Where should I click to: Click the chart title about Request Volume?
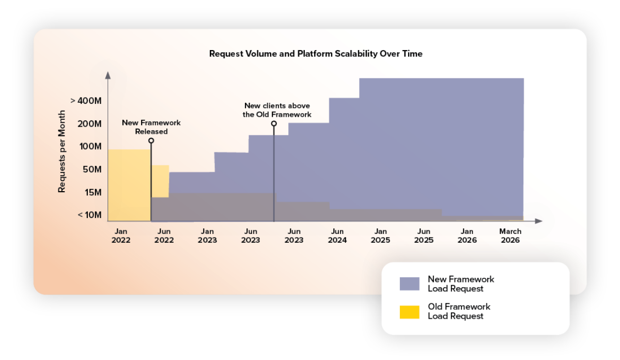pos(315,54)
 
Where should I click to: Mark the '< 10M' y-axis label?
pos(89,215)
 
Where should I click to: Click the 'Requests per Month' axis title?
pos(62,152)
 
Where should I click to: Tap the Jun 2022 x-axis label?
pos(164,236)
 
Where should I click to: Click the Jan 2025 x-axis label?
pos(381,236)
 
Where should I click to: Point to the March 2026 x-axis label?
pos(510,236)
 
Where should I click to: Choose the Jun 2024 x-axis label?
pos(337,236)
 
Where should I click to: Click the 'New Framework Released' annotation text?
pos(151,127)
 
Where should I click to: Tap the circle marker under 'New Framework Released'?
pos(151,140)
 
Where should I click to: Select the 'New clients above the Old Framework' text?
pos(277,110)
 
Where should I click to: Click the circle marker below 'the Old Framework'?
pos(274,123)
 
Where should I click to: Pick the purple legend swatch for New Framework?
pos(409,284)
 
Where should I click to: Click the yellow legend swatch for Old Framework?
pos(409,311)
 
